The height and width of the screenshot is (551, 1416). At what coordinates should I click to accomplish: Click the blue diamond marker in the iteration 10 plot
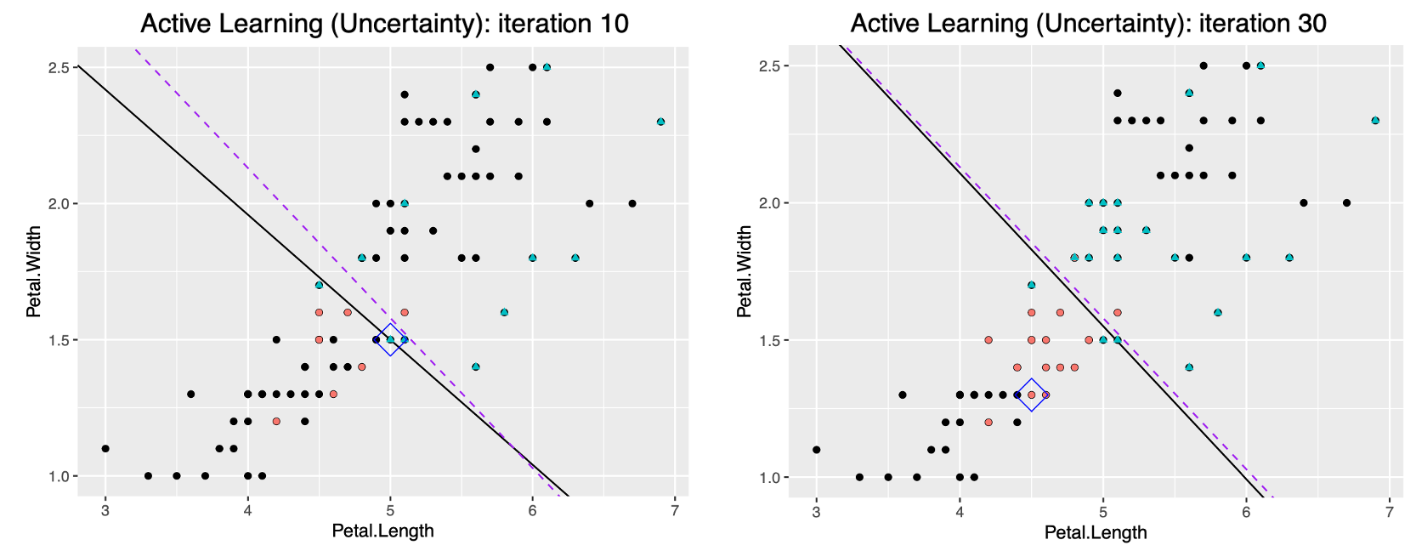pos(390,339)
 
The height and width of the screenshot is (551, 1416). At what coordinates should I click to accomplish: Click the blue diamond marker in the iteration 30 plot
pos(1031,395)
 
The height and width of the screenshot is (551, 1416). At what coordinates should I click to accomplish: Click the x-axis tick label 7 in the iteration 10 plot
pos(675,510)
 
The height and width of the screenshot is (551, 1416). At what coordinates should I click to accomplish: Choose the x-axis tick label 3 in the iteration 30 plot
pos(816,511)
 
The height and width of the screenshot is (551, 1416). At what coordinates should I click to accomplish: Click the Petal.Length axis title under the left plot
pos(382,531)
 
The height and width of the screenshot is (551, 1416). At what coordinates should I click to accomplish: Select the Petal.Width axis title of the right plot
pos(745,271)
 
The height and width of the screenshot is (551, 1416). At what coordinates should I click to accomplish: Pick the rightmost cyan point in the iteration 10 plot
pos(660,122)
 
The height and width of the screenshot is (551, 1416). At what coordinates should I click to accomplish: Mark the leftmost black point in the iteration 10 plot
pos(105,448)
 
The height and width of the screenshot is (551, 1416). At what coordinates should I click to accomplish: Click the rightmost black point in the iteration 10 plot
pos(632,203)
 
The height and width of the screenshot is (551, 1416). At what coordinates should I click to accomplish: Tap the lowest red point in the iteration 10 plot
pos(276,421)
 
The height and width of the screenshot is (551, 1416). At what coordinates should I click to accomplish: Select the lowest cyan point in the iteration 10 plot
pos(476,366)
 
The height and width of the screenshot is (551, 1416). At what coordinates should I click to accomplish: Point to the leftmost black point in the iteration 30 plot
pos(817,449)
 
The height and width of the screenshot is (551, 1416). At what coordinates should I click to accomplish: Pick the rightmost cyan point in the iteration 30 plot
pos(1375,121)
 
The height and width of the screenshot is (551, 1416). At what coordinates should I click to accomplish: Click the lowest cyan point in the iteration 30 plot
pos(1189,367)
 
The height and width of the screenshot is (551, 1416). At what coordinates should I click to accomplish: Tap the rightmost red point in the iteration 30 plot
pos(1118,312)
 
